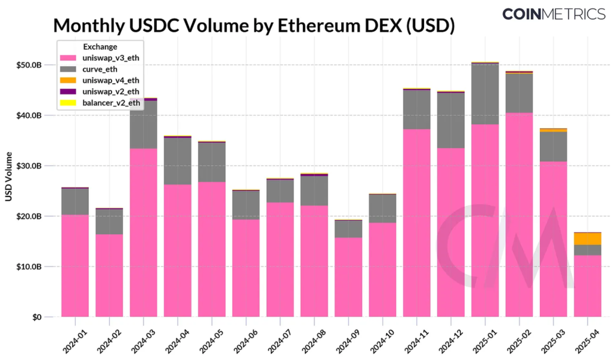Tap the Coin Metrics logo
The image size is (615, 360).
(x=553, y=14)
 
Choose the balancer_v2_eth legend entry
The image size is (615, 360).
(x=111, y=103)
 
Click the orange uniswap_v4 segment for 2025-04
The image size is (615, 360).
(x=587, y=239)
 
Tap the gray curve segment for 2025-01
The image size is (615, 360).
(x=485, y=94)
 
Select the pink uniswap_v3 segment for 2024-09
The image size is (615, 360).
(x=348, y=276)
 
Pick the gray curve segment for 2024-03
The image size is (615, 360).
(x=143, y=124)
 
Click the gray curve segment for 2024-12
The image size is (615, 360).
(x=450, y=120)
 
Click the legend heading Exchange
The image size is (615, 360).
(x=100, y=46)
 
